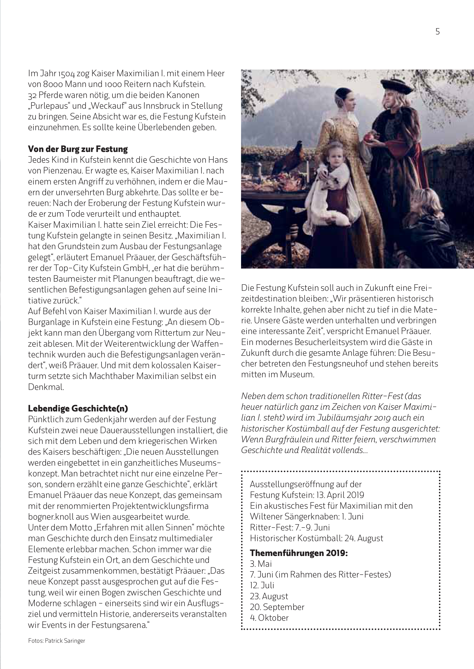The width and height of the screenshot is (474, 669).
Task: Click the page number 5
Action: coord(437,32)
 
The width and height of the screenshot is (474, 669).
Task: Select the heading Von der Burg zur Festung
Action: coord(78,149)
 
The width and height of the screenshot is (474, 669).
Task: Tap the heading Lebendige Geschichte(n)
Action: coord(78,408)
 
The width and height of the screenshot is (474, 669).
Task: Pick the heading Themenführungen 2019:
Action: coord(299,553)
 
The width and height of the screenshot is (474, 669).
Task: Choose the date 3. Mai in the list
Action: coord(261,564)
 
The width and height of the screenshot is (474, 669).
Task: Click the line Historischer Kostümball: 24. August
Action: coord(316,538)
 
